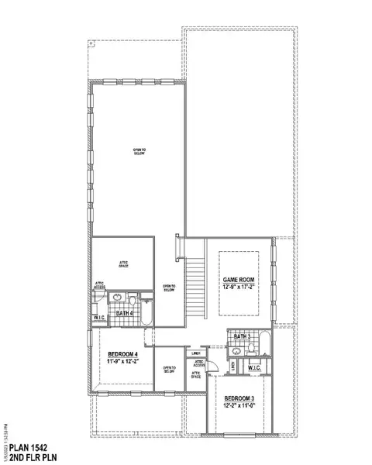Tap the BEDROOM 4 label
(x=122, y=354)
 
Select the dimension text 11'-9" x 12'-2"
(x=122, y=361)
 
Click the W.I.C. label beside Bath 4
(x=99, y=318)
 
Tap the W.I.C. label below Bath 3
(x=255, y=367)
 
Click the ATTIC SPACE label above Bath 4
(x=122, y=264)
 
